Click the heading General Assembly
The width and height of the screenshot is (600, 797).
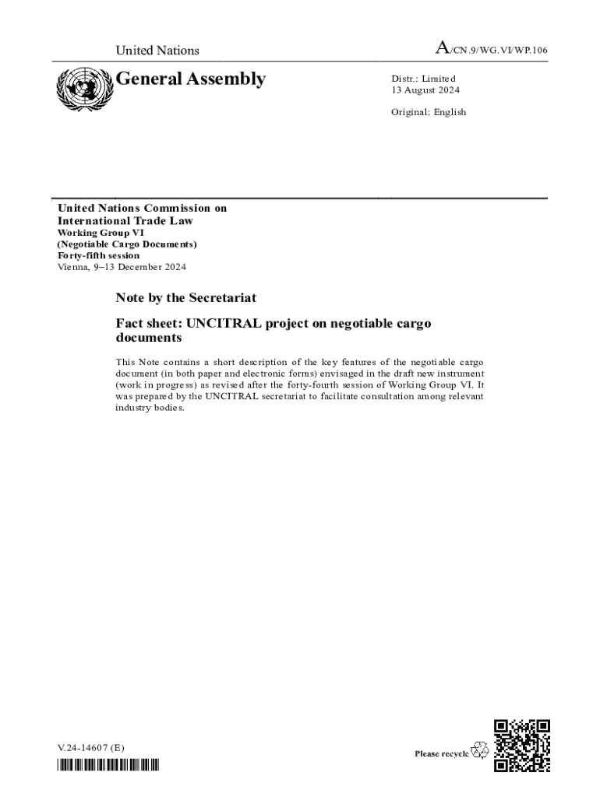tap(191, 79)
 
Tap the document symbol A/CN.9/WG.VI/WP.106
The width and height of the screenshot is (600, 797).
tap(491, 51)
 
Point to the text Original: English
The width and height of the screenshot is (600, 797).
tap(429, 112)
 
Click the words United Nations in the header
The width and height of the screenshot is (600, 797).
tap(157, 51)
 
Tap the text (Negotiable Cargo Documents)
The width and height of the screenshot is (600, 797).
tap(127, 244)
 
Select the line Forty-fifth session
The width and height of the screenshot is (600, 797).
tap(99, 255)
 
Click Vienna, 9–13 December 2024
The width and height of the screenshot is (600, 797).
tap(122, 267)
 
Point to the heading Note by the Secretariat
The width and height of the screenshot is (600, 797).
tap(185, 298)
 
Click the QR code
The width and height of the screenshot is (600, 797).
tap(522, 745)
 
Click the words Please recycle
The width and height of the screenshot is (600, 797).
tap(442, 753)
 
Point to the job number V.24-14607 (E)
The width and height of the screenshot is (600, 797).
tap(90, 748)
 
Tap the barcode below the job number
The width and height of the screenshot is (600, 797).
tap(108, 765)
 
